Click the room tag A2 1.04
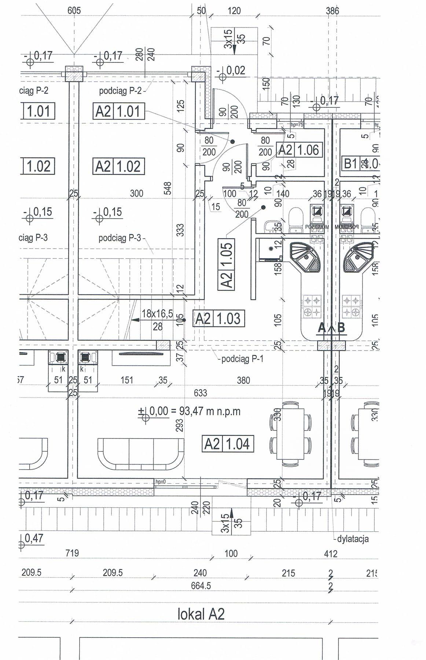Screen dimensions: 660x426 tap(227, 444)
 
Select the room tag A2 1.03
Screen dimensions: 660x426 tap(218, 319)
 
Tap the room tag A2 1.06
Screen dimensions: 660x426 tap(299, 150)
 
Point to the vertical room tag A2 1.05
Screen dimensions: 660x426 tap(227, 264)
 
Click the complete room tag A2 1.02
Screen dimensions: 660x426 tap(118, 166)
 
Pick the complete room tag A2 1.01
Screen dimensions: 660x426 tap(118, 111)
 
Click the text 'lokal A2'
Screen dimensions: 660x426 tap(201, 614)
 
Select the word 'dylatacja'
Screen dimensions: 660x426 tap(352, 539)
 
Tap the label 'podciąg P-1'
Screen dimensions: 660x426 tap(242, 359)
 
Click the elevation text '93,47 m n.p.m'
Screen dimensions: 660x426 tap(210, 411)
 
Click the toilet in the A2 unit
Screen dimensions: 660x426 tap(295, 220)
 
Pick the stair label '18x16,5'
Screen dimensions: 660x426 tap(157, 314)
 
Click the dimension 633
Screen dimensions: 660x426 tap(200, 393)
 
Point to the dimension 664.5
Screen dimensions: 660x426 tap(201, 586)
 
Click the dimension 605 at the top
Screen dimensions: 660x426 tap(74, 10)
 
